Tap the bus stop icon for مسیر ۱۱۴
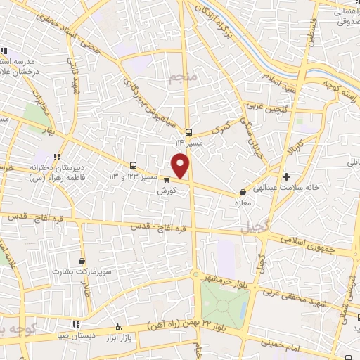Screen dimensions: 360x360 tap(188, 132)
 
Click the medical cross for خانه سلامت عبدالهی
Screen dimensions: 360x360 tap(286, 176)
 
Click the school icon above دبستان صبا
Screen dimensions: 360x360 tap(118, 326)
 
